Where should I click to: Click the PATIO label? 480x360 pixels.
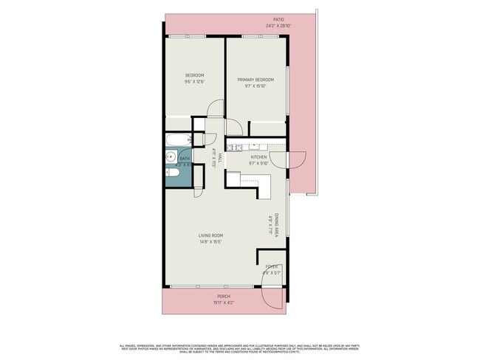pyautogui.click(x=278, y=20)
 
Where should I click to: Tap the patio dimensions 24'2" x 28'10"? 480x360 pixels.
pyautogui.click(x=278, y=26)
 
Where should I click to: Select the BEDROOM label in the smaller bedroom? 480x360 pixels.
pyautogui.click(x=194, y=75)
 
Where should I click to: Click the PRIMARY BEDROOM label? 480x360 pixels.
pyautogui.click(x=256, y=80)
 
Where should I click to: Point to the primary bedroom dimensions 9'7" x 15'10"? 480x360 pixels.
pyautogui.click(x=256, y=86)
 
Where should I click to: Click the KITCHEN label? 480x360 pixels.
pyautogui.click(x=258, y=157)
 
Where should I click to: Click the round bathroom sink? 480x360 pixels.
pyautogui.click(x=169, y=156)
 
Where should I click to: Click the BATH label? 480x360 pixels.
pyautogui.click(x=184, y=159)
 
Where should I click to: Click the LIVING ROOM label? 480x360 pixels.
pyautogui.click(x=210, y=235)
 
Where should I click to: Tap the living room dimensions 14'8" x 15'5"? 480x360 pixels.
pyautogui.click(x=210, y=241)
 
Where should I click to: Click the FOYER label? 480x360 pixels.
pyautogui.click(x=272, y=267)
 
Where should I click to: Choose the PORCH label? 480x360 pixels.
pyautogui.click(x=223, y=296)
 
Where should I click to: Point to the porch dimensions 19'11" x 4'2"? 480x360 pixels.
pyautogui.click(x=223, y=302)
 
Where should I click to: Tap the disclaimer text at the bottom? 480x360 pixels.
pyautogui.click(x=239, y=347)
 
